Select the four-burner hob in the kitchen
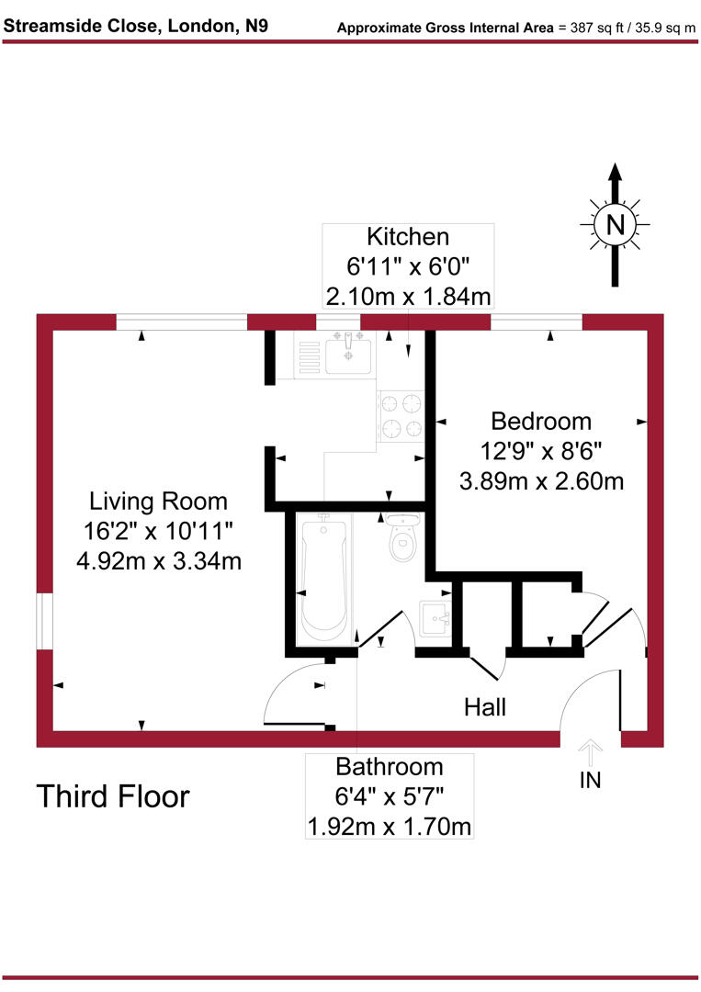tap(400, 414)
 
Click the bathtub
tap(322, 579)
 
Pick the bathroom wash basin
tap(435, 616)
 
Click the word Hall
tap(485, 707)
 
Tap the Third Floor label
tap(112, 796)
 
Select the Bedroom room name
tap(541, 422)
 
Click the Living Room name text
tap(157, 502)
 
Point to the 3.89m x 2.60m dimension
tap(541, 480)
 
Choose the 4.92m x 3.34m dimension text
tap(157, 560)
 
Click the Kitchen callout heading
tap(408, 237)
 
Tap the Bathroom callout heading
tap(389, 766)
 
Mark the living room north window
tap(181, 321)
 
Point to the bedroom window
tap(537, 321)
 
